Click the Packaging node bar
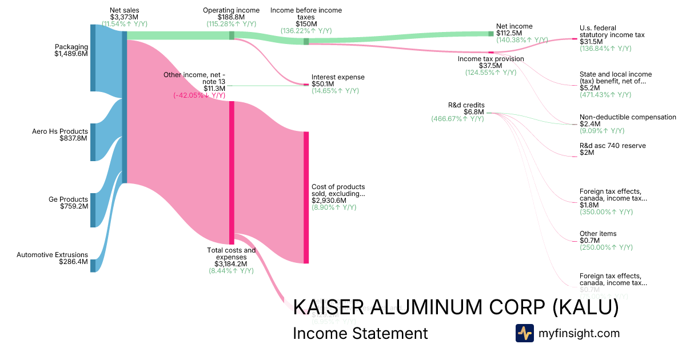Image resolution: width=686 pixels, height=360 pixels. tap(93, 58)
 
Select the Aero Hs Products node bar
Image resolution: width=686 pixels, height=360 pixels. tap(93, 142)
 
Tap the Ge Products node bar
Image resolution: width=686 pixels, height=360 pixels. tap(93, 210)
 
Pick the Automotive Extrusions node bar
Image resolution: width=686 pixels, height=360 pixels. tap(93, 266)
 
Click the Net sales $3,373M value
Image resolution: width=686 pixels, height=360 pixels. tap(124, 17)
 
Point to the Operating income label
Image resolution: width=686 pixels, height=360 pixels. tap(231, 10)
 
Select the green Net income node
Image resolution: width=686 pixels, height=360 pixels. tap(490, 34)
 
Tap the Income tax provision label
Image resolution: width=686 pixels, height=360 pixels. tap(491, 59)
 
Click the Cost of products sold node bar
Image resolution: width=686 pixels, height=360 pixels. tap(306, 197)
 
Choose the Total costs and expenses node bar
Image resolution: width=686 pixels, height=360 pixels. tap(232, 173)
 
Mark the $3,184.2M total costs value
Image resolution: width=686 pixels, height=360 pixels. tap(231, 264)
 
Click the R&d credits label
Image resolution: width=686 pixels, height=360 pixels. tap(466, 105)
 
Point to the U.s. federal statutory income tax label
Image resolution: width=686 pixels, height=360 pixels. tap(612, 31)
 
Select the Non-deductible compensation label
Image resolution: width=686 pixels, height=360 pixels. tap(628, 117)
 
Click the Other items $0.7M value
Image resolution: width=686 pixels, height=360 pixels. tap(589, 241)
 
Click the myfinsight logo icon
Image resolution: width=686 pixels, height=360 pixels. tap(524, 333)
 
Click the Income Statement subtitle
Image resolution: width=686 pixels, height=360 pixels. tap(360, 333)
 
